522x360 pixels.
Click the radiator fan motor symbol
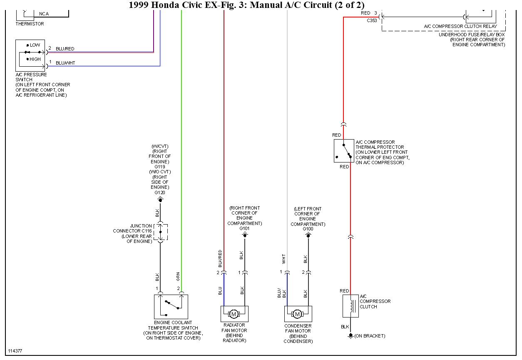point(234,313)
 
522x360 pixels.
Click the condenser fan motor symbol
point(298,313)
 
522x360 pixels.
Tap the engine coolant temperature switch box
point(171,307)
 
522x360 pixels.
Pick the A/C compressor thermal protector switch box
point(344,151)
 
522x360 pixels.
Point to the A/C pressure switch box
point(30,55)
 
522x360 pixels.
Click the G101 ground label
point(244,228)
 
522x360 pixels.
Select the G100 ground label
point(308,229)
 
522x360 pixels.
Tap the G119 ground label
point(160,166)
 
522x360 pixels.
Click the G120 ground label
point(160,192)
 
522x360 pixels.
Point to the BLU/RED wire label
point(65,49)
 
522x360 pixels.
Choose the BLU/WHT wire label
point(65,63)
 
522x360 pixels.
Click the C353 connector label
point(372,20)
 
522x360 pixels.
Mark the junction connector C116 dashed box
point(161,232)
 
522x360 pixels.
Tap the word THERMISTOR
point(30,24)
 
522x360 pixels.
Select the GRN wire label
point(178,276)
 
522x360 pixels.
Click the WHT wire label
point(283,259)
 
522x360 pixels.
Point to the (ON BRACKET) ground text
point(370,336)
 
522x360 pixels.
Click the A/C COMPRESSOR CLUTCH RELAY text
point(460,26)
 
